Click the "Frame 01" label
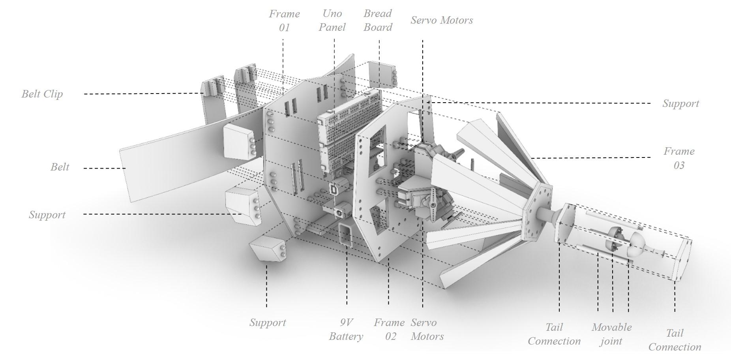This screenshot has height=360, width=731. tap(284, 21)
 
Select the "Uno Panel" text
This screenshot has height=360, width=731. tap(332, 20)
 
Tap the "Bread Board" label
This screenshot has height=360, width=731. tap(378, 20)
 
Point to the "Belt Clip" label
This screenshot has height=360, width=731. tap(42, 94)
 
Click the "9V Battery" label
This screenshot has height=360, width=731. tap(346, 329)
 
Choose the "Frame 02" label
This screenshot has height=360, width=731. tap(390, 329)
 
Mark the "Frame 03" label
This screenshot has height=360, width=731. tap(679, 158)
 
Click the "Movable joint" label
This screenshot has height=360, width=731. tap(611, 334)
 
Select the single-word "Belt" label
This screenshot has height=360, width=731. tap(60, 167)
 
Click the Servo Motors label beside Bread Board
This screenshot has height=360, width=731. tap(442, 20)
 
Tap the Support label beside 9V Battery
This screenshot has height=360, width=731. tap(268, 322)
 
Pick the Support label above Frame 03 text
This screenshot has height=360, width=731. tap(680, 103)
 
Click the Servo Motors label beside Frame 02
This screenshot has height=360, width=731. tap(427, 329)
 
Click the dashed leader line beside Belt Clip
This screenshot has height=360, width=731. tap(144, 94)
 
